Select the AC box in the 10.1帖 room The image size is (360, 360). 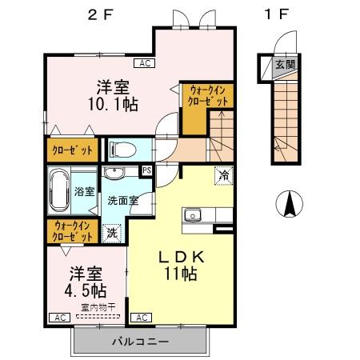tap(145, 62)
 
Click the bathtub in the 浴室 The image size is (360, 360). tap(60, 190)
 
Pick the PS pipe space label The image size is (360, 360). tap(146, 170)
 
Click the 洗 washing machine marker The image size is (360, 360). tap(112, 234)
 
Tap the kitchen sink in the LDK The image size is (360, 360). tap(194, 214)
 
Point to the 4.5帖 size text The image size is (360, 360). tap(85, 288)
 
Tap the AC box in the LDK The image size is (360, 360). tap(141, 318)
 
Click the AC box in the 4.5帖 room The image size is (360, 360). tap(58, 318)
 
